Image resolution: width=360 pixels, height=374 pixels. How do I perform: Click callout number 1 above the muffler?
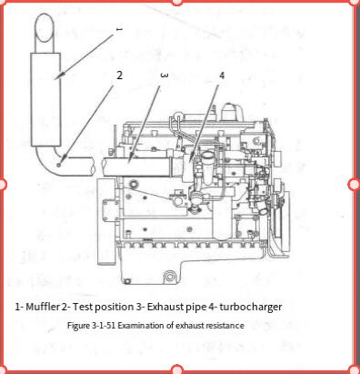[x=119, y=29]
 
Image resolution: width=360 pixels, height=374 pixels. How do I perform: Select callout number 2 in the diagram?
[x=120, y=76]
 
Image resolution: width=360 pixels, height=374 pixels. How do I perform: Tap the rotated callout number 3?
[x=164, y=76]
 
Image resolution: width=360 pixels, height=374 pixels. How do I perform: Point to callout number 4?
[x=222, y=76]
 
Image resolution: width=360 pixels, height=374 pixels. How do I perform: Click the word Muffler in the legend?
[x=43, y=307]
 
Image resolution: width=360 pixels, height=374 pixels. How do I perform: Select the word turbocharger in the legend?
[x=251, y=307]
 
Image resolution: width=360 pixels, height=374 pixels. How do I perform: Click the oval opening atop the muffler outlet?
[x=45, y=26]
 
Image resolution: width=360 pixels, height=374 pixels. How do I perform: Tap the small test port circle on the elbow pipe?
[x=59, y=165]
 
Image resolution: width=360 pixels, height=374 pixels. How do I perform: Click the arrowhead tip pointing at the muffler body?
[x=55, y=79]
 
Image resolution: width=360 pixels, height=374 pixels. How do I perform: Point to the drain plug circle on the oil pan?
[x=169, y=277]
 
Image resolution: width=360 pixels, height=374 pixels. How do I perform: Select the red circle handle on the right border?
[x=355, y=184]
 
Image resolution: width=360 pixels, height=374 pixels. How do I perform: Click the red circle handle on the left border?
[x=2, y=184]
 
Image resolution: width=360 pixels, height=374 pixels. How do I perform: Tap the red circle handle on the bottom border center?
[x=177, y=369]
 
